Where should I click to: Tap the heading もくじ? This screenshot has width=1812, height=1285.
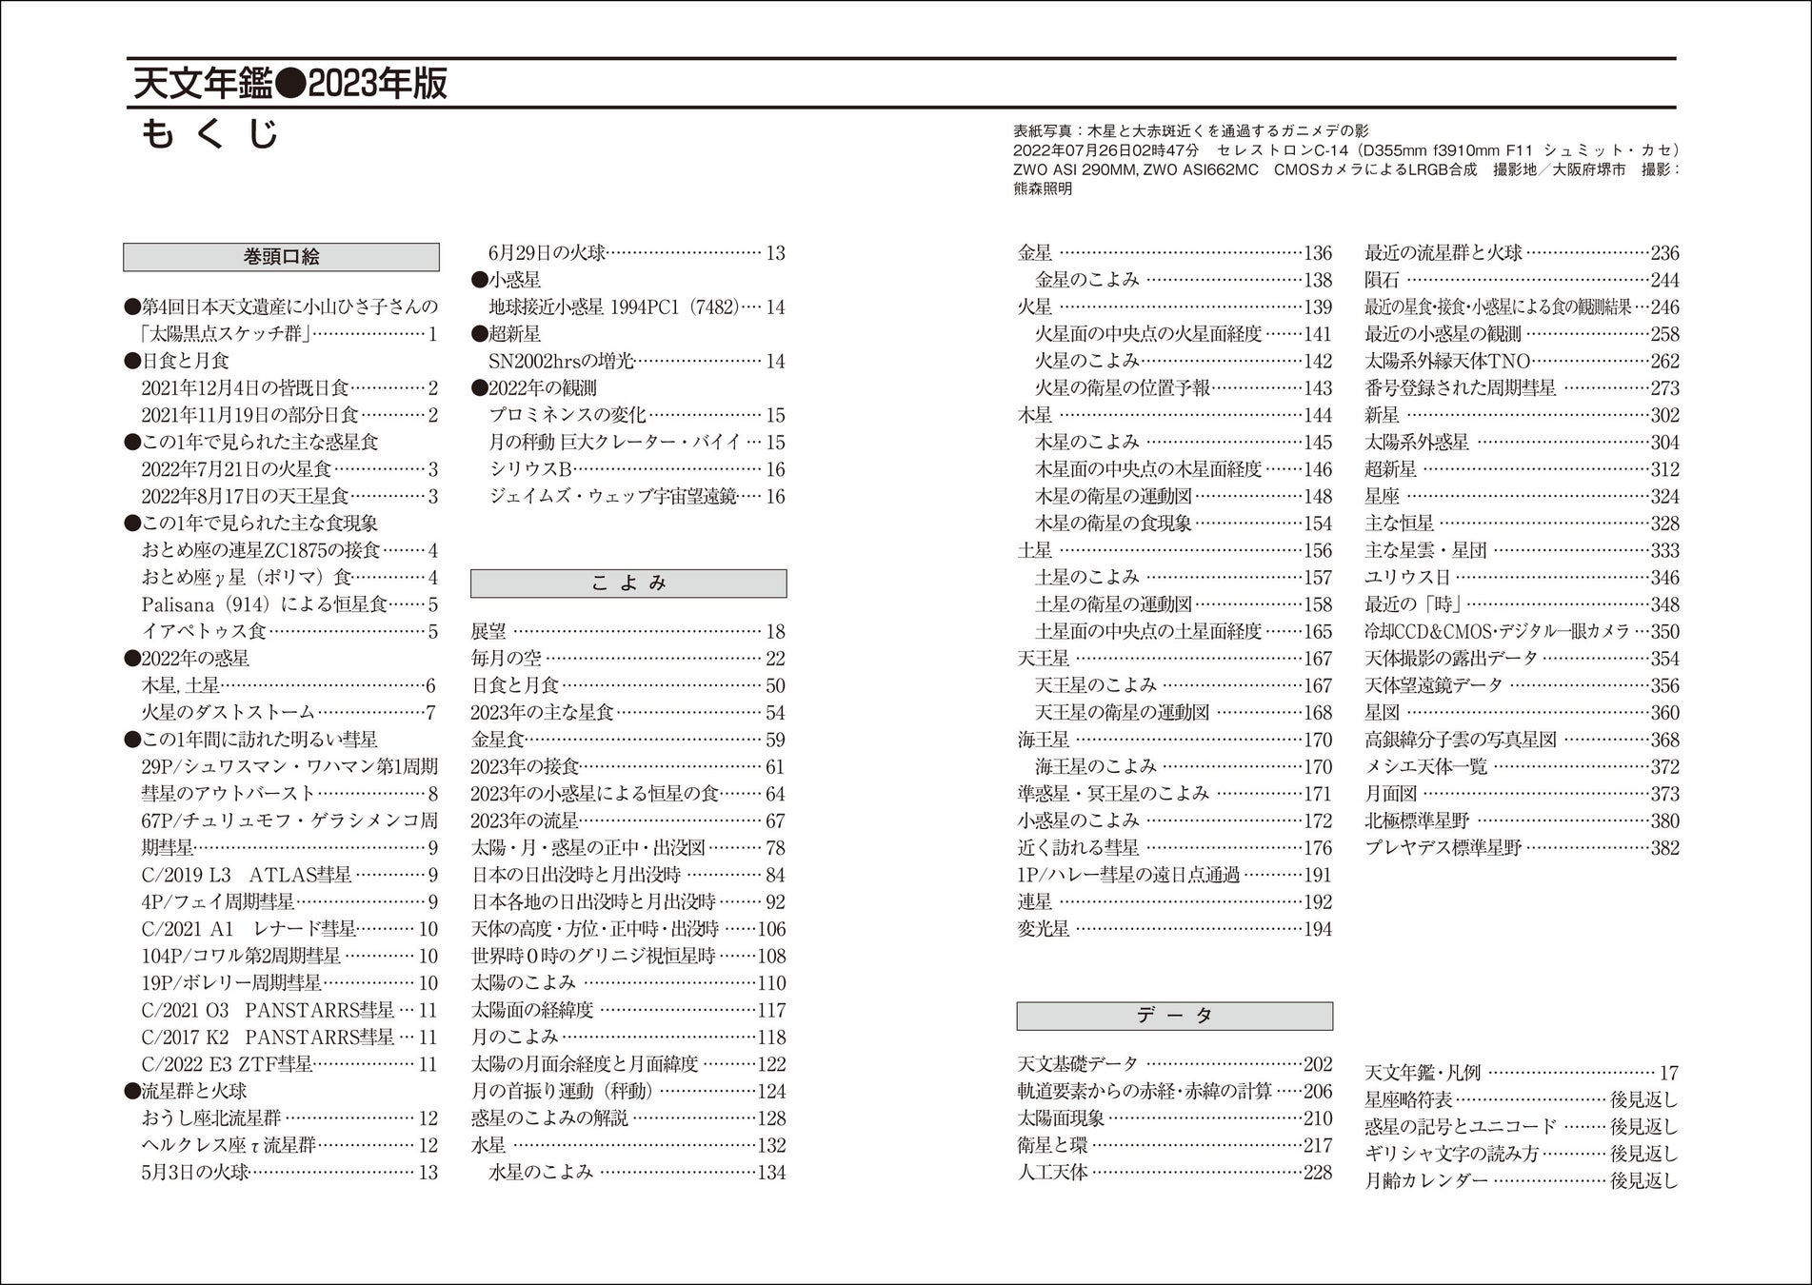[x=210, y=134]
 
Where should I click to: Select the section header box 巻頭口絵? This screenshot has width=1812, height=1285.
[x=281, y=257]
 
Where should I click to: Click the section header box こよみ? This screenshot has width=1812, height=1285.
[x=628, y=583]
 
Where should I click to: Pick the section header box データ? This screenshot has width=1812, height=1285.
[x=1174, y=1016]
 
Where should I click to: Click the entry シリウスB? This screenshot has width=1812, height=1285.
[x=530, y=469]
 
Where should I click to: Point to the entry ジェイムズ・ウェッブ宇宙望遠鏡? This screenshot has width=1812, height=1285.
[x=612, y=496]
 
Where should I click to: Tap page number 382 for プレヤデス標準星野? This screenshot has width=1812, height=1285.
[x=1664, y=848]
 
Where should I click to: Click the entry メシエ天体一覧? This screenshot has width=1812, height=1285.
[x=1425, y=766]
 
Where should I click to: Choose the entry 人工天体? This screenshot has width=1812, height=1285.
[x=1052, y=1173]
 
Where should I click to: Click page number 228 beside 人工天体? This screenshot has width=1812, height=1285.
[x=1317, y=1173]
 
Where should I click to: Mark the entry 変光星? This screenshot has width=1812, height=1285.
[x=1044, y=929]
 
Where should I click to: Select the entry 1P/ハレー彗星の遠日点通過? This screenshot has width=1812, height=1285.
[x=1128, y=875]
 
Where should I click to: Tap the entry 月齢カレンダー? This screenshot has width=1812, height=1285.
[x=1425, y=1181]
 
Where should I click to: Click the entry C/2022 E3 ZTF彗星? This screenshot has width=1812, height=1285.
[x=227, y=1064]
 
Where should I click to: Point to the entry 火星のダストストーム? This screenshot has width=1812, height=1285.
[x=228, y=712]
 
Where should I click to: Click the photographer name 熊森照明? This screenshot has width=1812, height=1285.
[x=1043, y=188]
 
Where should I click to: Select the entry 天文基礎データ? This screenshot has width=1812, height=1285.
[x=1077, y=1064]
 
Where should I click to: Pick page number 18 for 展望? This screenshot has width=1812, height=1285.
[x=775, y=632]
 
